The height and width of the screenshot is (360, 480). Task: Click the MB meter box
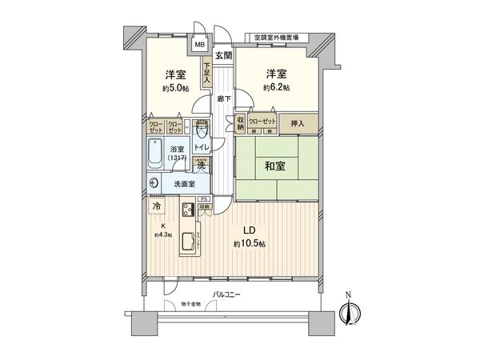tap(200, 45)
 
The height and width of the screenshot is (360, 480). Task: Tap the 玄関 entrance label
tap(223, 55)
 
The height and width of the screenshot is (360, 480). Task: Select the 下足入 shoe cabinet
tap(206, 74)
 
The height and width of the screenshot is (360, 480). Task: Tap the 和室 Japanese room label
tap(275, 167)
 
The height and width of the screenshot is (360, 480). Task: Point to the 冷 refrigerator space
tap(154, 206)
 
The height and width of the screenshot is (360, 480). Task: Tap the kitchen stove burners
tap(186, 211)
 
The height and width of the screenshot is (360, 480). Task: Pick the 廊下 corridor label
tap(223, 99)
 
